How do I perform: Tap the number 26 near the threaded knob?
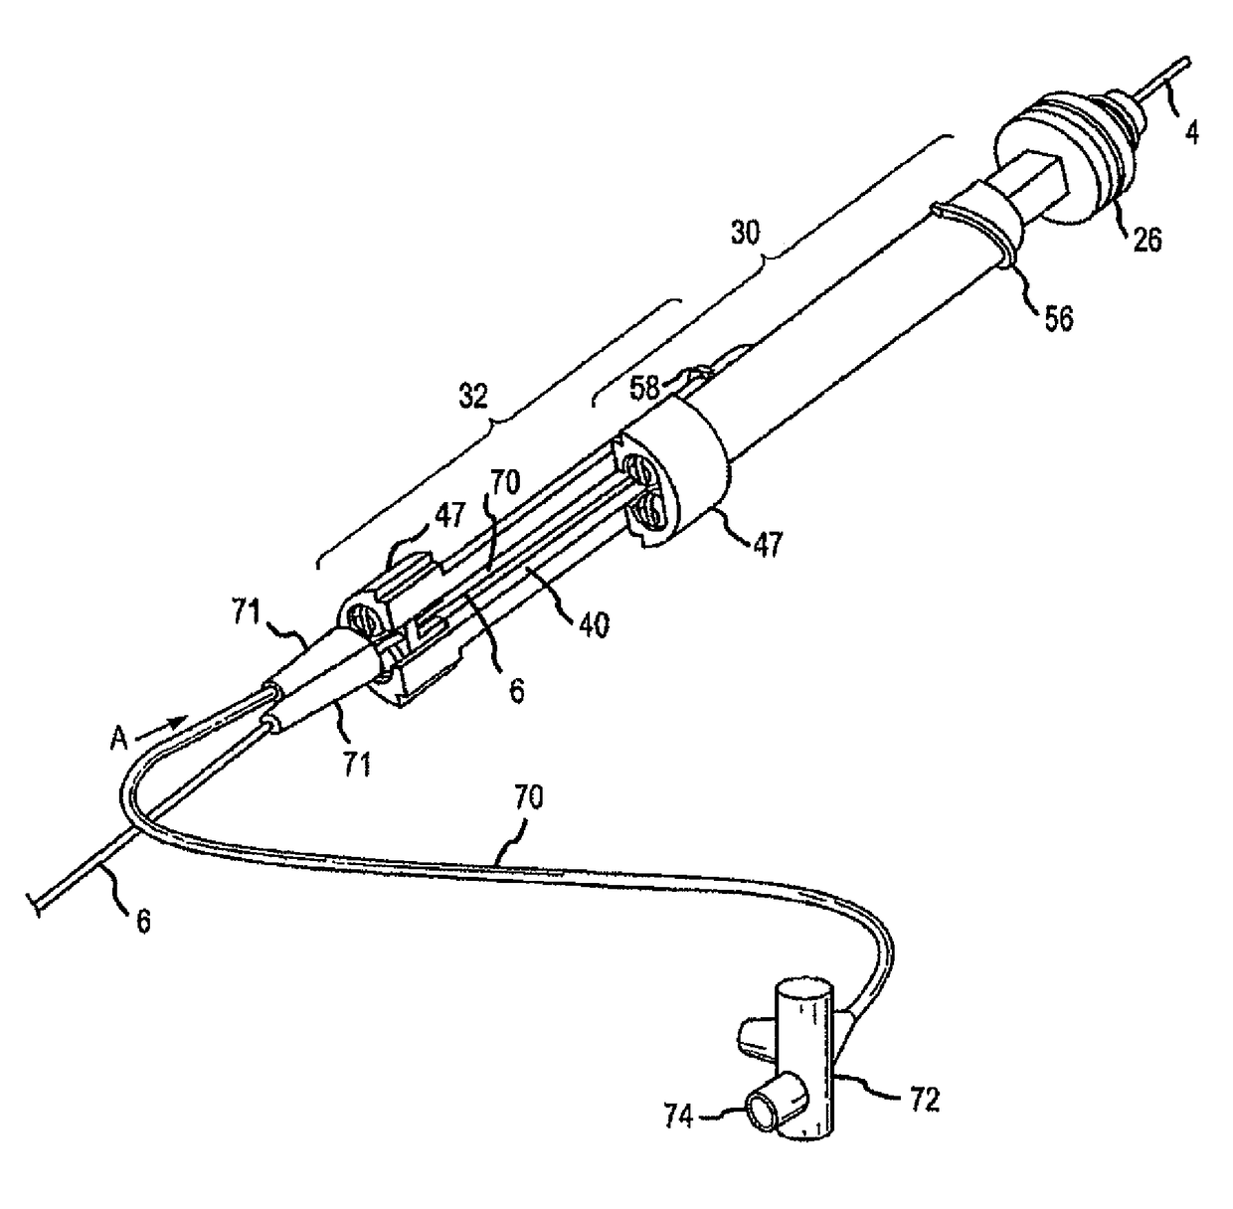[1146, 239]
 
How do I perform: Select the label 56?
[1059, 319]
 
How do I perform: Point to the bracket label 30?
[745, 234]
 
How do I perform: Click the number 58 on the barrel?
[647, 388]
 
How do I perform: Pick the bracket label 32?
[473, 396]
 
